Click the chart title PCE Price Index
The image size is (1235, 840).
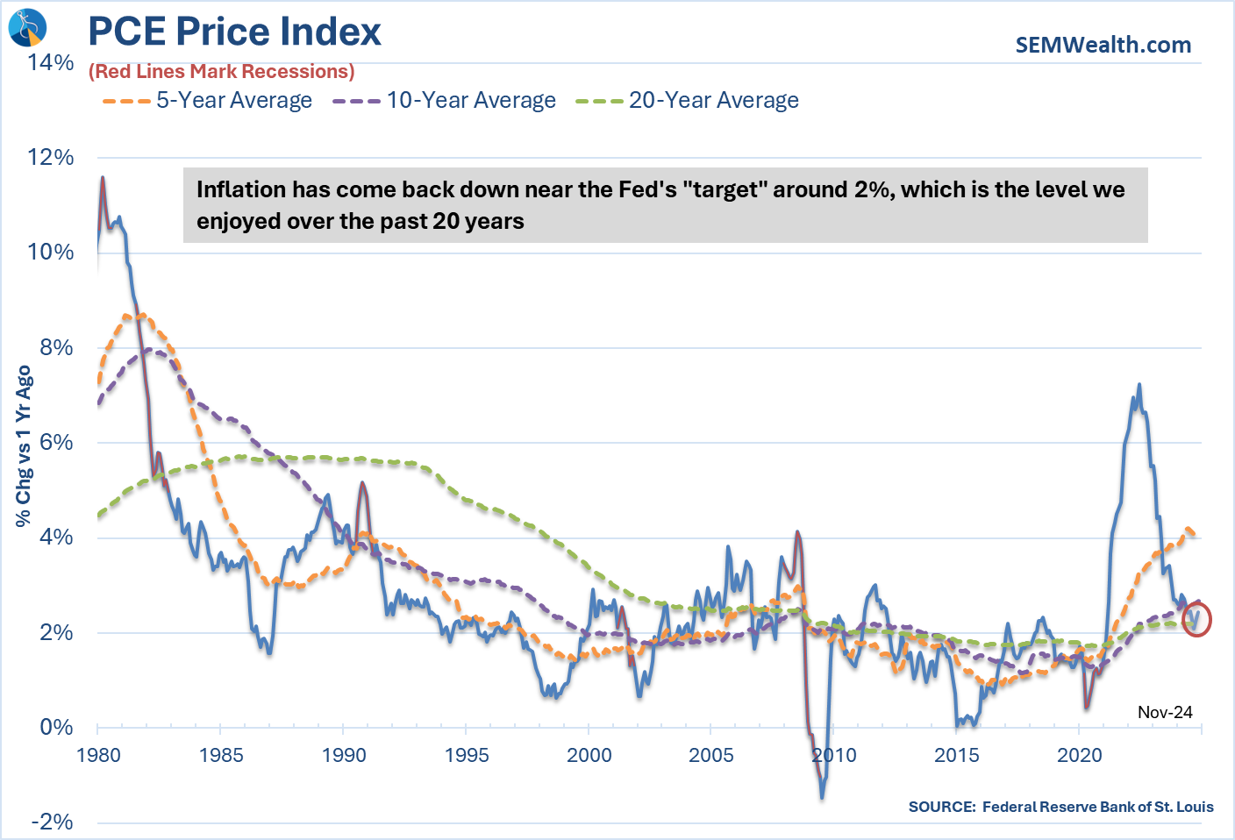(x=234, y=32)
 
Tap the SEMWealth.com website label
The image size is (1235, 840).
(x=1103, y=45)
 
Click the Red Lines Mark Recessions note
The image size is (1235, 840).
(x=221, y=72)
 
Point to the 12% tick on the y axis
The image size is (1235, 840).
(x=51, y=158)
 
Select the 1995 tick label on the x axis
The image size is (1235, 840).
(x=466, y=756)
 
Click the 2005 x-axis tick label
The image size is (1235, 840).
(x=711, y=756)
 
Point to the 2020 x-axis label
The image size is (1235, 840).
(x=1079, y=756)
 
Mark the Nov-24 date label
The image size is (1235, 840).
(x=1165, y=712)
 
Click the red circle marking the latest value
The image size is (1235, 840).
(x=1196, y=619)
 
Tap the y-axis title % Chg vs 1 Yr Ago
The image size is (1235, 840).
(x=24, y=446)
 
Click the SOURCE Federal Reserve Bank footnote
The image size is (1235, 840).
(x=1060, y=807)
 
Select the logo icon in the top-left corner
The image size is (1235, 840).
(x=26, y=27)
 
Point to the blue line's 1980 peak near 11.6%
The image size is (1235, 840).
(x=103, y=178)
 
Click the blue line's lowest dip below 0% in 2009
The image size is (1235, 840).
(x=822, y=796)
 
